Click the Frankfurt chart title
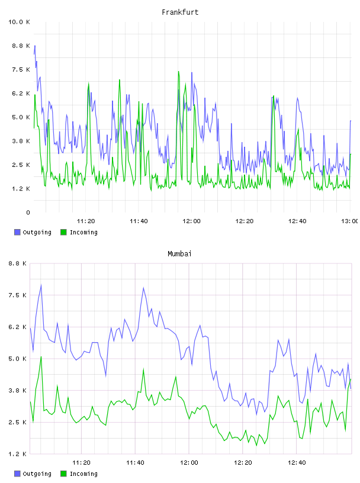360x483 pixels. click(180, 12)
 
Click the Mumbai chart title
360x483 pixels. click(179, 254)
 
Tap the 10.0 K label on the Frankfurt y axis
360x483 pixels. click(19, 22)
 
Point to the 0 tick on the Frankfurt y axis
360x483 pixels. click(28, 212)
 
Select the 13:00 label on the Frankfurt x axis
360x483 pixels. click(350, 221)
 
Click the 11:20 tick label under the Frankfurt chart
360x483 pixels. click(86, 221)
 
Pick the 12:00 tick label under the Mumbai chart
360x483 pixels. click(189, 463)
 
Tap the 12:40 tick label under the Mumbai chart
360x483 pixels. click(297, 463)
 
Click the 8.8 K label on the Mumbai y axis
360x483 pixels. click(17, 263)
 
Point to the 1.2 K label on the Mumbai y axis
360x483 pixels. click(17, 454)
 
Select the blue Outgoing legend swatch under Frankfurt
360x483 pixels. click(17, 232)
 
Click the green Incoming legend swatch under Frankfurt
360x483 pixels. click(63, 232)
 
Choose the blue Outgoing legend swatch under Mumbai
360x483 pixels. click(17, 474)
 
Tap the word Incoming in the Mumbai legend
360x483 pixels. click(83, 474)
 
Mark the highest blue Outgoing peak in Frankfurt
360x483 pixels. click(35, 46)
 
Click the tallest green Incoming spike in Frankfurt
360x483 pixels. click(178, 72)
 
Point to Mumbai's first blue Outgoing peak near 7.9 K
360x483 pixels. click(41, 285)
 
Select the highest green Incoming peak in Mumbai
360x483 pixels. click(41, 357)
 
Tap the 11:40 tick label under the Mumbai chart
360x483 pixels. click(135, 463)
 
